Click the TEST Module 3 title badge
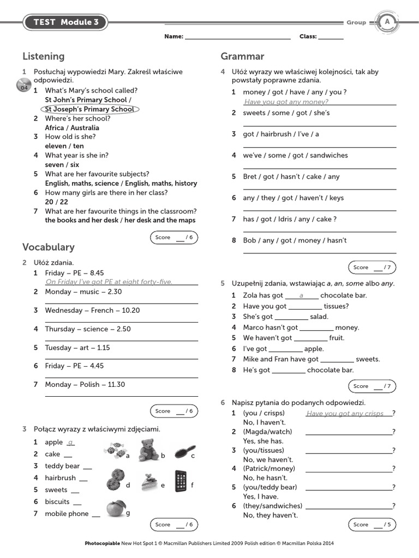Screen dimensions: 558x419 point(65,22)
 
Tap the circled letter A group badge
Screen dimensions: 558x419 point(387,22)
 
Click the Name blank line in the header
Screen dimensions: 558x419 point(238,37)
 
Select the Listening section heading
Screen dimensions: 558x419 point(44,56)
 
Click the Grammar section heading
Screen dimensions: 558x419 point(242,56)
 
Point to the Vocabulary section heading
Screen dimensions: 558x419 point(49,247)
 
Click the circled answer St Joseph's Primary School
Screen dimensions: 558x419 point(90,109)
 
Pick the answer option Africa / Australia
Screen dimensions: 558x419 point(72,128)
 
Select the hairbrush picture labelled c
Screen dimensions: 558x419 point(183,452)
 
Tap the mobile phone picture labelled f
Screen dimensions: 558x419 point(182,481)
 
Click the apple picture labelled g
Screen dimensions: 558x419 point(115,508)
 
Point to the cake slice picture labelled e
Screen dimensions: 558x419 point(149,481)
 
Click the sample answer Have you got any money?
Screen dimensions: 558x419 point(286,102)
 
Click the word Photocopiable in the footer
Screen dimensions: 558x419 point(103,543)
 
